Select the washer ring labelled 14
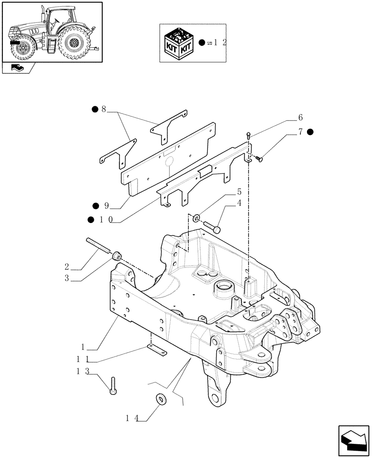tap(162, 399)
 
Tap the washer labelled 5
tap(195, 218)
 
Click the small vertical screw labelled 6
tap(248, 135)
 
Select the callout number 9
tap(106, 206)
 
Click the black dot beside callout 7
tap(310, 132)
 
